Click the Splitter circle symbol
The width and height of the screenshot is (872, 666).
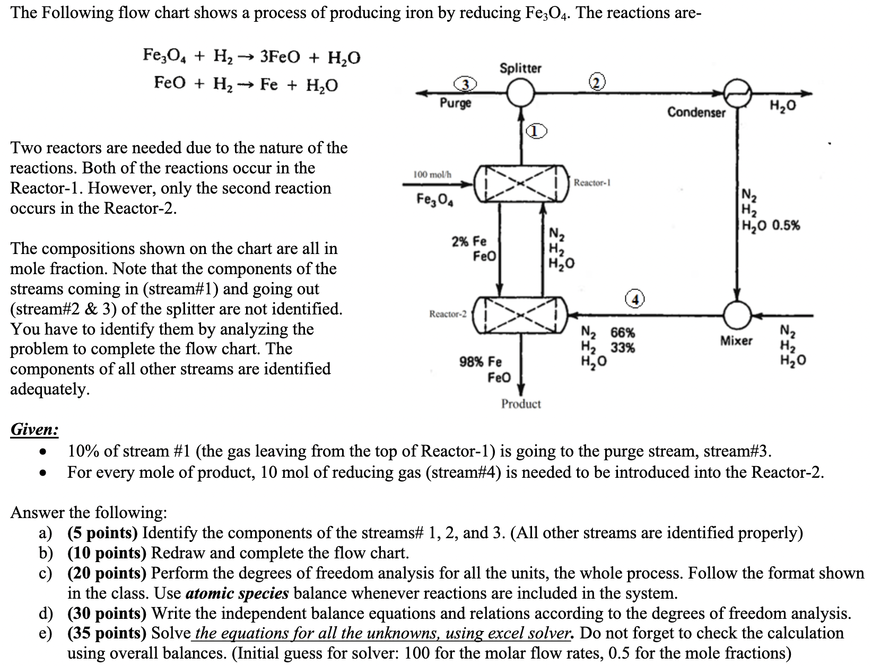[521, 93]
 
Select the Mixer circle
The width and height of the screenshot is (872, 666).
[737, 315]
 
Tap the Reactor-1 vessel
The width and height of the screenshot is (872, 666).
[521, 183]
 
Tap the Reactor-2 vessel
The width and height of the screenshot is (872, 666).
[521, 315]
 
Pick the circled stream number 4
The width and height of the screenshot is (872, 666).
[635, 299]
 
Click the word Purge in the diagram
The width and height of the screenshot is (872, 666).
[455, 103]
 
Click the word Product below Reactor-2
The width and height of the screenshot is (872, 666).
[521, 404]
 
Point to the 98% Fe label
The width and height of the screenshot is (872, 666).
[480, 362]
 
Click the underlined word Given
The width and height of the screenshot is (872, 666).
[34, 429]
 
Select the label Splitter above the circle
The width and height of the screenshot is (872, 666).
[520, 68]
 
